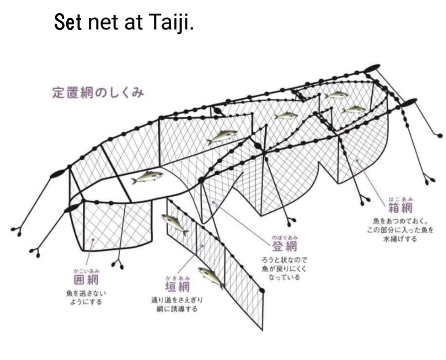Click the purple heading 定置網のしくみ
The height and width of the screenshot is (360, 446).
[98, 93]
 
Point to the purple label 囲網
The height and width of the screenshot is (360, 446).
[86, 279]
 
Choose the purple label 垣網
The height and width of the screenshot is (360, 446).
[177, 287]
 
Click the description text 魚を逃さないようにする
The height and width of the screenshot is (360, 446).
[86, 297]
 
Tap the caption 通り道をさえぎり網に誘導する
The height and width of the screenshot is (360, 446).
[177, 304]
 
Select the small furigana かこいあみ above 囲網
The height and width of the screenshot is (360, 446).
[86, 270]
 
